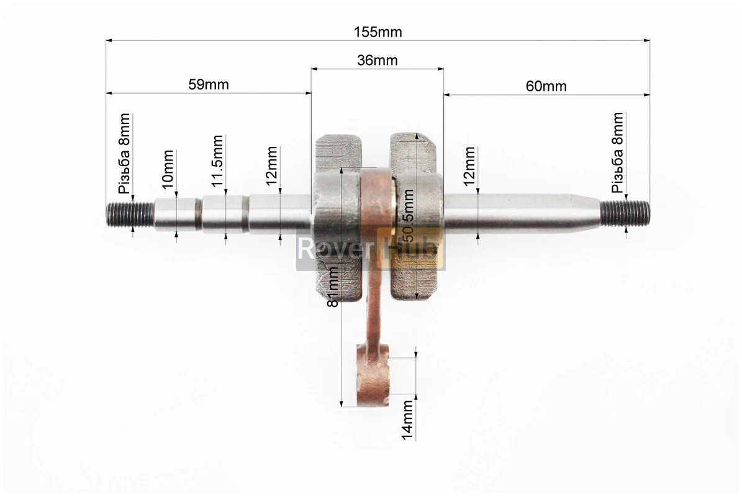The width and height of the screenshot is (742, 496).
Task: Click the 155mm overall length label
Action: (x=378, y=32)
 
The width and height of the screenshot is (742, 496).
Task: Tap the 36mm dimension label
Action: (x=377, y=61)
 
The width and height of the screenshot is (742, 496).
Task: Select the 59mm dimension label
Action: (x=208, y=84)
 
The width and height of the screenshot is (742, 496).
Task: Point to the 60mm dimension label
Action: (x=546, y=86)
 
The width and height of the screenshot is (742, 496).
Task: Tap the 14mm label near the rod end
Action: (x=407, y=420)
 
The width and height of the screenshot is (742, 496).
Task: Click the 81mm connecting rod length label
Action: (x=333, y=287)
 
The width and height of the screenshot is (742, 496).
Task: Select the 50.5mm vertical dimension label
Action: (x=407, y=216)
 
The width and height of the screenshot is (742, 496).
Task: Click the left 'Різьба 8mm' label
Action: (x=124, y=154)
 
